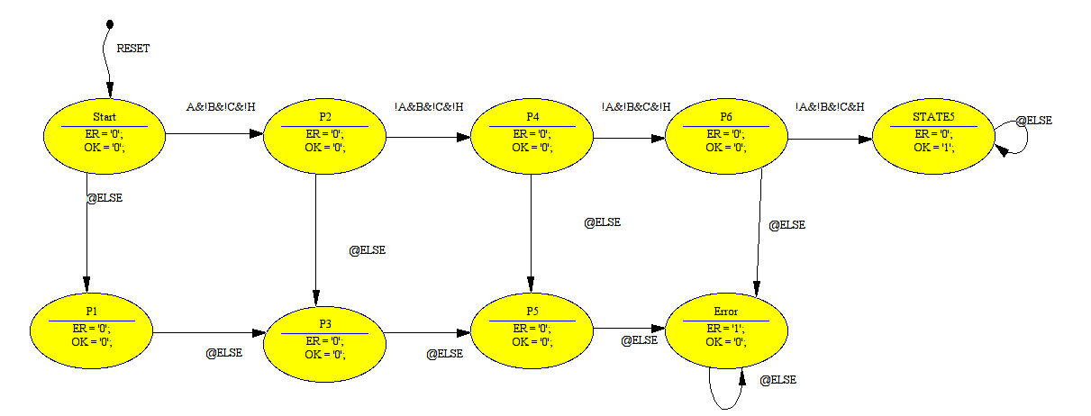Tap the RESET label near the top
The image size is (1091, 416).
[x=133, y=49]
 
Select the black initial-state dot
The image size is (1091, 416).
[x=109, y=23]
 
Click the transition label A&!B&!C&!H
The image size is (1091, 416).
[x=221, y=107]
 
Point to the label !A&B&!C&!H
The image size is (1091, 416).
[x=429, y=107]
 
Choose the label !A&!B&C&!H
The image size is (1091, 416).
[x=636, y=107]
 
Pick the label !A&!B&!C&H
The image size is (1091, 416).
[x=830, y=107]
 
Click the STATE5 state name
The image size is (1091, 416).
[x=932, y=117]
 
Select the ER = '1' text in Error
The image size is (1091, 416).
[x=725, y=329]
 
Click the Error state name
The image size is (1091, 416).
[x=725, y=312]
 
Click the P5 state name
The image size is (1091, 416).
[x=532, y=312]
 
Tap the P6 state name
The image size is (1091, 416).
[x=725, y=117]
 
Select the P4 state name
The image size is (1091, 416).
[x=532, y=117]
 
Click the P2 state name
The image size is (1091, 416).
[x=324, y=117]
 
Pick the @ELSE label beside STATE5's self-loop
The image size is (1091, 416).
[x=1033, y=120]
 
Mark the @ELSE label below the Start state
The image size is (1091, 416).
[x=104, y=198]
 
